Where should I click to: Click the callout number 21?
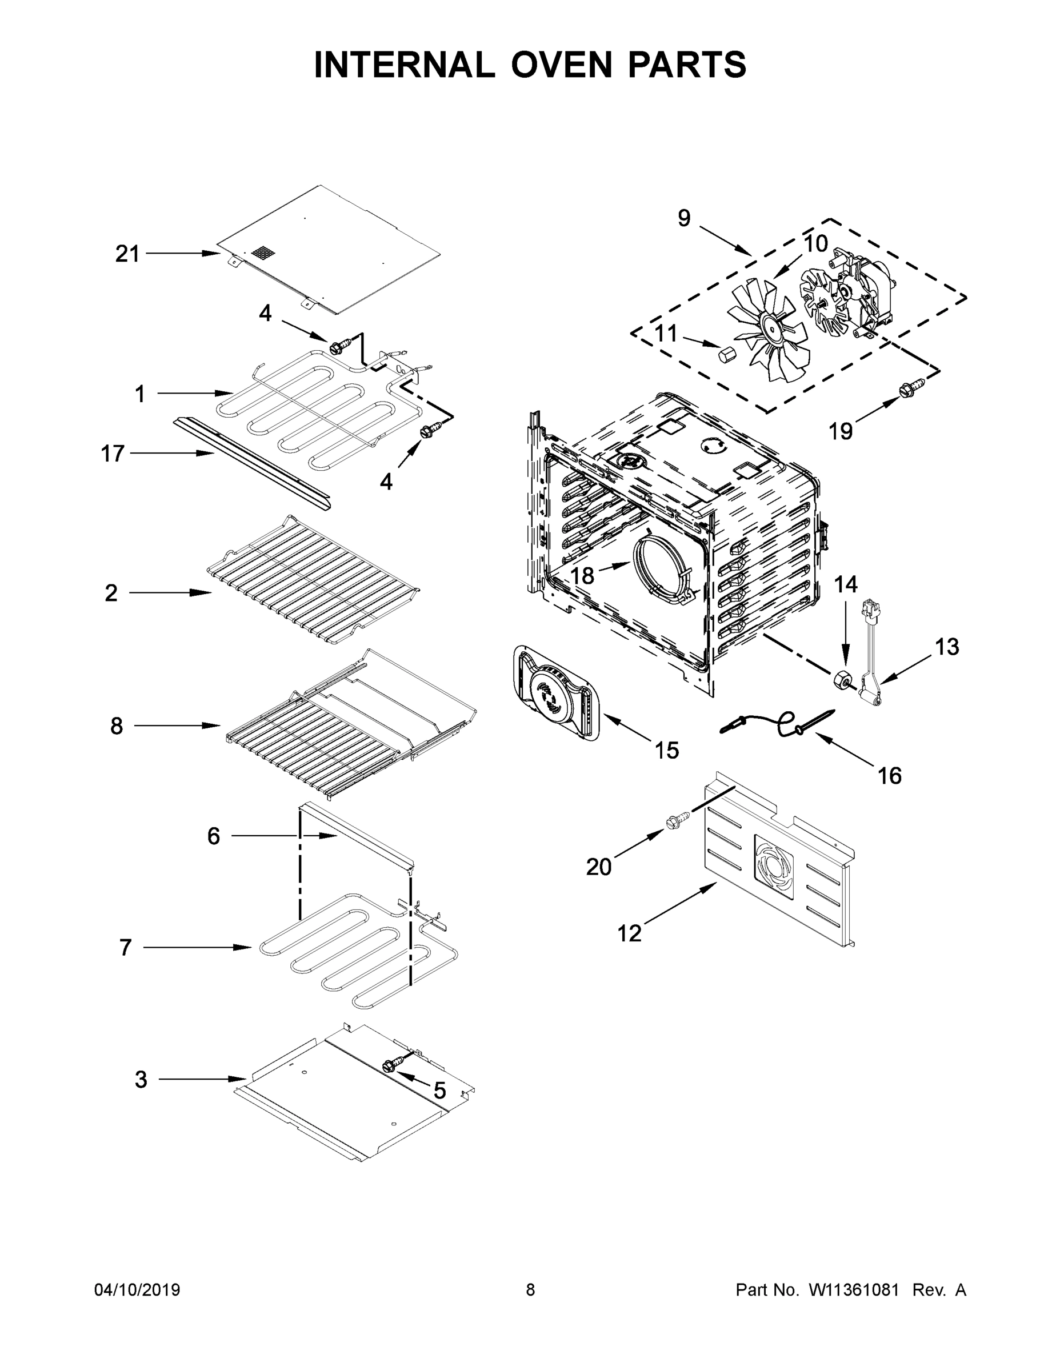pos(127,254)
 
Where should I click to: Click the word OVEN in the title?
pos(561,65)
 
